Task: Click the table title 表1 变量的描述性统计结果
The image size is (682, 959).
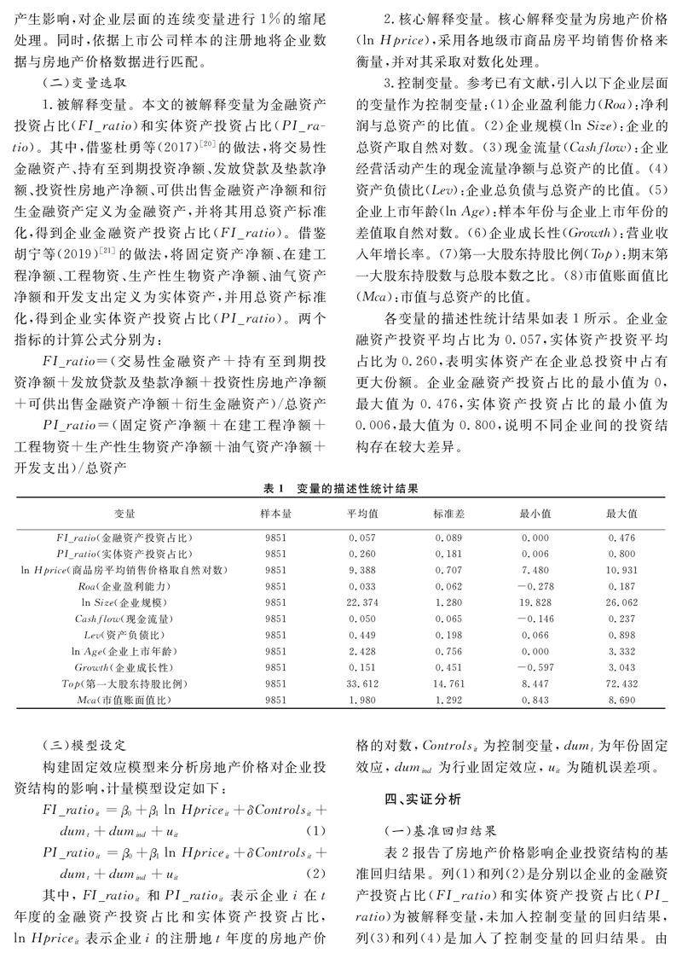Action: [340, 489]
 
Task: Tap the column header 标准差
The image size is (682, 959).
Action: [448, 514]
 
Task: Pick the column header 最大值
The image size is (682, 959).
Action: [621, 514]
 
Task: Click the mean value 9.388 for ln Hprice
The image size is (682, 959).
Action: [362, 570]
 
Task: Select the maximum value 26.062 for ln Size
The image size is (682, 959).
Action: [621, 602]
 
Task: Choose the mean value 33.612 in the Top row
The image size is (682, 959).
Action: [362, 684]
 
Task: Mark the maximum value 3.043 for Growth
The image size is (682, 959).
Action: [621, 668]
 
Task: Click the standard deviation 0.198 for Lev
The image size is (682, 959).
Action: [448, 635]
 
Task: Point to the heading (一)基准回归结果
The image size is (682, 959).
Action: [444, 828]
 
